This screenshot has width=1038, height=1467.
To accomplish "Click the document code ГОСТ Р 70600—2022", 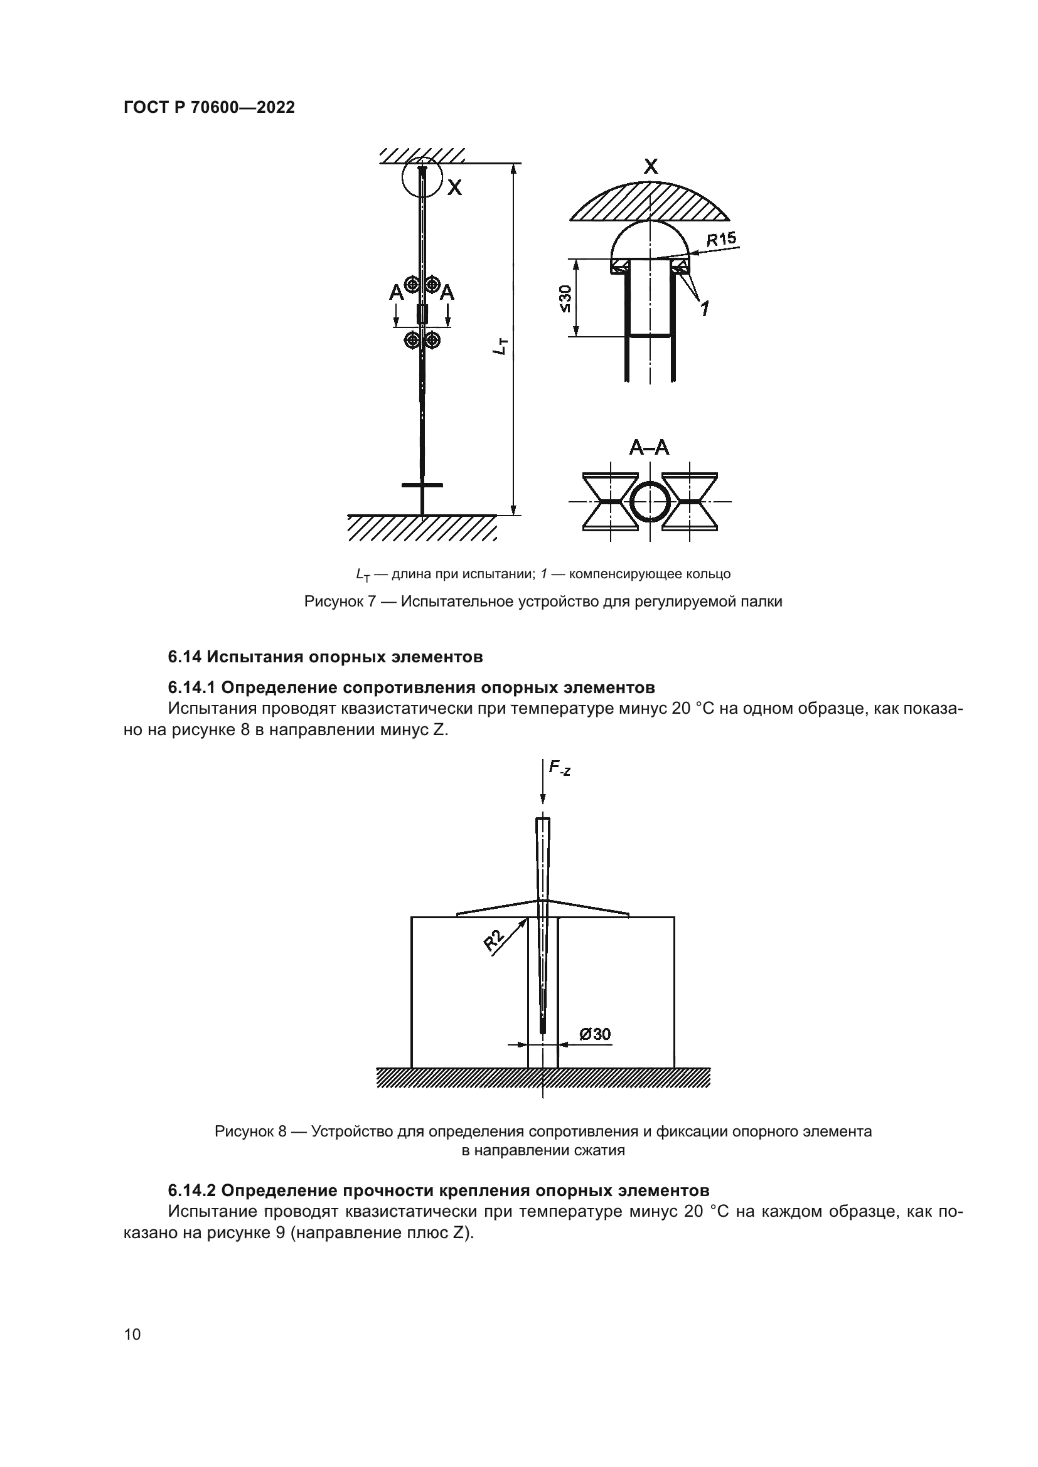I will click(x=209, y=107).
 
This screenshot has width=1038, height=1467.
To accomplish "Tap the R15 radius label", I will click(x=721, y=240).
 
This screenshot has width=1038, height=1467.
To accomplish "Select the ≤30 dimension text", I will click(x=565, y=299).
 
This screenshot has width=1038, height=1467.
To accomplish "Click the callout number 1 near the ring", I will click(x=704, y=309).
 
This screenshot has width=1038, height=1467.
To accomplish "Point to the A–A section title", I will click(x=649, y=448).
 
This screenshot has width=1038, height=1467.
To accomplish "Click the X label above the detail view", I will click(x=650, y=167).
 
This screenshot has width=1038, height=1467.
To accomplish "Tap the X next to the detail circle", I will click(x=454, y=188).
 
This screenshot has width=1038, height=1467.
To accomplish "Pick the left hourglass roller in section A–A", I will click(x=611, y=502).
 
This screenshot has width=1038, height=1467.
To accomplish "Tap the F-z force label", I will click(x=559, y=769).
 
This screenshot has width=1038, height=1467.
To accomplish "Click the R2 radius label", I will click(x=494, y=941).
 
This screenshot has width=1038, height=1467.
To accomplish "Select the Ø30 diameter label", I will click(x=594, y=1034).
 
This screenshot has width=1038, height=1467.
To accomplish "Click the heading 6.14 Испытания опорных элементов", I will click(x=325, y=656).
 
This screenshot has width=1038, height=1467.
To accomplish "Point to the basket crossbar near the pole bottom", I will click(x=422, y=485).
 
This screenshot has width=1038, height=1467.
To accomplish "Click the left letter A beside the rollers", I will click(x=396, y=294).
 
